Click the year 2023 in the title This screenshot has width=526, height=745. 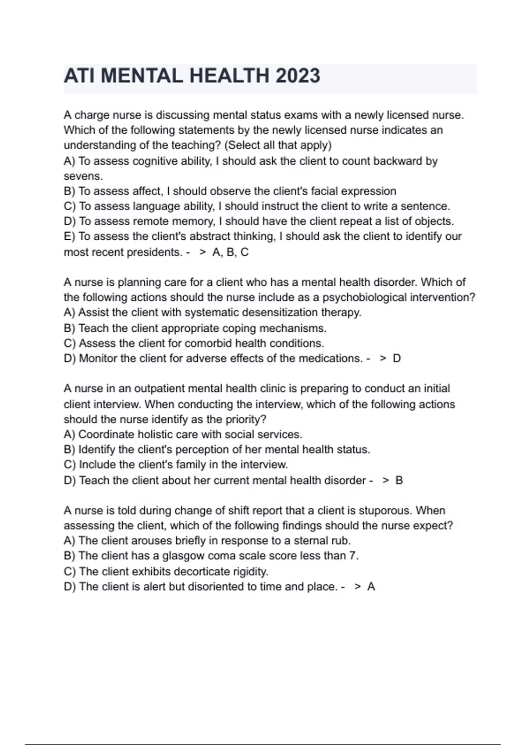(298, 76)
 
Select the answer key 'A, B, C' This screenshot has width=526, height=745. (230, 252)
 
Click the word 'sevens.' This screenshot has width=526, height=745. (83, 176)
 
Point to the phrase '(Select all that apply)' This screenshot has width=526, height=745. (278, 145)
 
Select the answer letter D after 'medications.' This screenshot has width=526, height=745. (397, 358)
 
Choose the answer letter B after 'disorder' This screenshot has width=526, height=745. (399, 481)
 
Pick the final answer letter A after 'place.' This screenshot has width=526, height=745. (371, 587)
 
